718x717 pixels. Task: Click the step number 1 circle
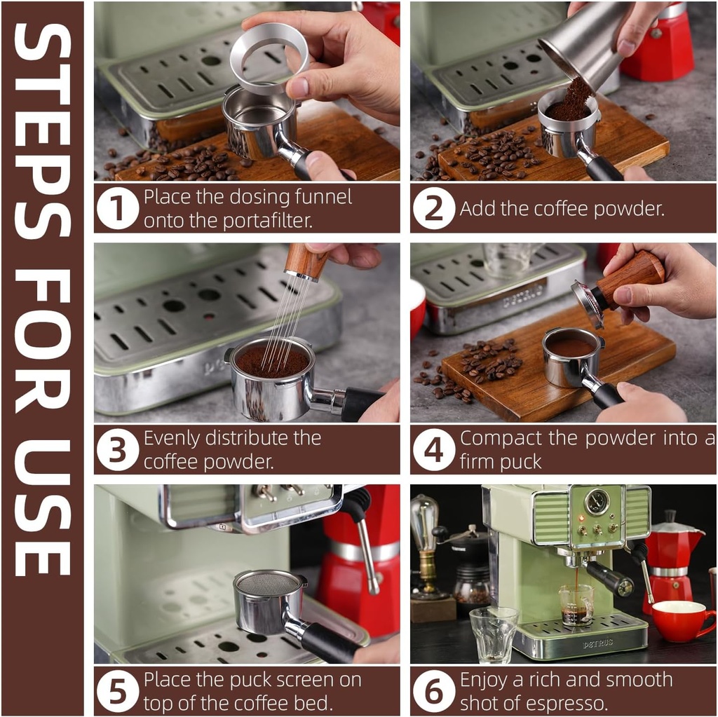click(x=118, y=209)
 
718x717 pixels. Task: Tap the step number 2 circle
click(x=433, y=209)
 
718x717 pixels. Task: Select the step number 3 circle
click(x=118, y=450)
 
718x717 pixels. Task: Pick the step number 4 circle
click(x=433, y=450)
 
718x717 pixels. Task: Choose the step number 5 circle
click(x=118, y=691)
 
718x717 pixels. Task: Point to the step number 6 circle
click(x=433, y=691)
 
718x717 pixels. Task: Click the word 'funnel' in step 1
click(x=320, y=197)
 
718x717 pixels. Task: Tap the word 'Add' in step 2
click(x=477, y=209)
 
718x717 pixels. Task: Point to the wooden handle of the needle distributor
click(x=306, y=261)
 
